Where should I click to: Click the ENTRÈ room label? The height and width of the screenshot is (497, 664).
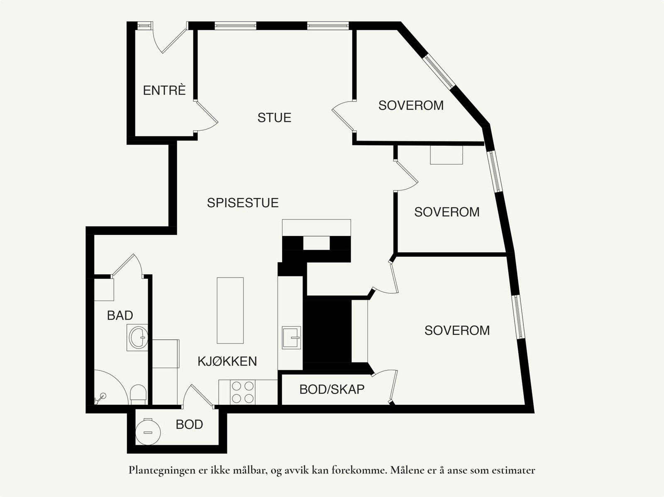pyautogui.click(x=164, y=90)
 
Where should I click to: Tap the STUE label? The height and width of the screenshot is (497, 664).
pyautogui.click(x=274, y=117)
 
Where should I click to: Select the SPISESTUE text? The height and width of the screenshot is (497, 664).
pyautogui.click(x=243, y=203)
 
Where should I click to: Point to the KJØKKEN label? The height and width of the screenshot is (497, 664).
pyautogui.click(x=227, y=361)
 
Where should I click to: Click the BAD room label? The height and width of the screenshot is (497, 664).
pyautogui.click(x=120, y=316)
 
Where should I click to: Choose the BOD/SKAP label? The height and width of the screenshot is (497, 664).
pyautogui.click(x=332, y=390)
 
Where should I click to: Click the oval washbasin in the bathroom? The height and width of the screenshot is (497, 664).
pyautogui.click(x=138, y=337)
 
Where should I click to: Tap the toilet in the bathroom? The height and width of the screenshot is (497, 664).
pyautogui.click(x=138, y=394)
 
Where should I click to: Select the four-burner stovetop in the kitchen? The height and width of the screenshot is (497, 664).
pyautogui.click(x=243, y=392)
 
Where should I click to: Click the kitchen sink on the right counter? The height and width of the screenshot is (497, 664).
pyautogui.click(x=291, y=337)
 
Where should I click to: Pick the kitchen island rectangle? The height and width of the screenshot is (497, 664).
pyautogui.click(x=230, y=310)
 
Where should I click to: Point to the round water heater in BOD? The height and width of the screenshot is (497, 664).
pyautogui.click(x=148, y=432)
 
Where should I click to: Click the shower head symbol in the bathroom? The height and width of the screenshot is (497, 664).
pyautogui.click(x=100, y=398)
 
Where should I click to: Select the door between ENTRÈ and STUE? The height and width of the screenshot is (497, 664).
pyautogui.click(x=206, y=117)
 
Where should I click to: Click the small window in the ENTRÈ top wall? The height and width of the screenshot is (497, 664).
pyautogui.click(x=144, y=26)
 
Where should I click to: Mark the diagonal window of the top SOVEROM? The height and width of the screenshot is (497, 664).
pyautogui.click(x=439, y=71)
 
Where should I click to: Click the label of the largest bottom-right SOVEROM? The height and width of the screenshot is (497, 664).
pyautogui.click(x=457, y=330)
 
